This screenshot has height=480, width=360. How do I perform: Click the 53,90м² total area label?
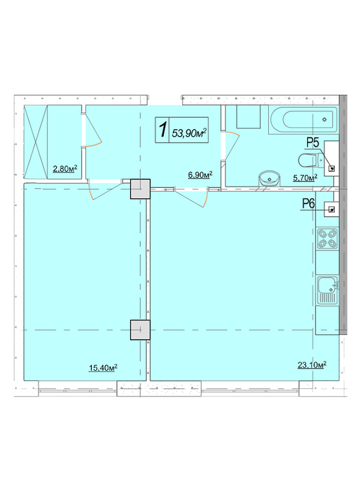click(189, 133)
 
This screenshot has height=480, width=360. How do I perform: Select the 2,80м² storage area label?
click(65, 169)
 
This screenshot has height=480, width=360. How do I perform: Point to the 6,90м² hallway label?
click(200, 175)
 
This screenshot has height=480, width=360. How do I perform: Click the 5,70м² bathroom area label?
click(305, 178)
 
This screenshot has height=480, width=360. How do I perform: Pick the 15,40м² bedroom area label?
click(103, 367)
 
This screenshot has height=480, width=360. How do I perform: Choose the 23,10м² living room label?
click(312, 365)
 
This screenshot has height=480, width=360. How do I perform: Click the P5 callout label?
click(313, 142)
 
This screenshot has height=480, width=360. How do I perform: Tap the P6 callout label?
click(308, 203)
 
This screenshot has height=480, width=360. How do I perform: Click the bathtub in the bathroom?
click(304, 119)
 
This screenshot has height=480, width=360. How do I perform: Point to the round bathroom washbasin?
click(269, 178)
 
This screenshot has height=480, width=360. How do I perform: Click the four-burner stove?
click(328, 239)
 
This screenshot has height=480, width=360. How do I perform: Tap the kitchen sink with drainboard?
click(328, 290)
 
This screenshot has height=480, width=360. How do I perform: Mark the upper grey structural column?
click(140, 189)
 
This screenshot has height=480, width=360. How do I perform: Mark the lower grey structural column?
click(140, 329)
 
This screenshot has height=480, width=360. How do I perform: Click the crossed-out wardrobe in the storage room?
click(36, 142)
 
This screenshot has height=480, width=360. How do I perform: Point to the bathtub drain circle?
click(325, 119)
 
